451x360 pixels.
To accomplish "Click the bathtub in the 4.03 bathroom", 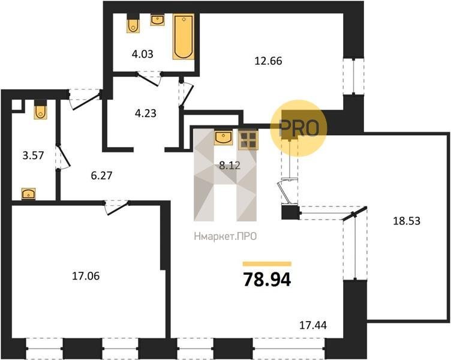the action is tap(184, 37).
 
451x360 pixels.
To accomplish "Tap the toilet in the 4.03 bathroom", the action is tap(133, 23).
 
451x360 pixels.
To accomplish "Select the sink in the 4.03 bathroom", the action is tap(157, 20).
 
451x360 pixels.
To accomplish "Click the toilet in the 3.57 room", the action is tap(40, 109).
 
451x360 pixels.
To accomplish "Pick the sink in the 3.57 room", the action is tap(28, 194).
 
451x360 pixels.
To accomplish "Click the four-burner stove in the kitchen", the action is tap(248, 140).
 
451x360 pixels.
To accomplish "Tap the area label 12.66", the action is tap(268, 61).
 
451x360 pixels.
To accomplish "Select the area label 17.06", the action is tap(86, 276).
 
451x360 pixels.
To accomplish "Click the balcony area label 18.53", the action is tap(407, 221).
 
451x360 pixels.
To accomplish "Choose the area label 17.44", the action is tap(313, 325).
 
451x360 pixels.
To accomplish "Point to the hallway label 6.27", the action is tap(101, 175).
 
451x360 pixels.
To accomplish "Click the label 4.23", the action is tap(146, 113).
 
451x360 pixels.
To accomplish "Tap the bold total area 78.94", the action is tap(267, 280).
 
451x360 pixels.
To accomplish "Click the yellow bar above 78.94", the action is tap(267, 264).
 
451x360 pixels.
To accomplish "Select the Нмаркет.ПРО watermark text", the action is tap(225, 236).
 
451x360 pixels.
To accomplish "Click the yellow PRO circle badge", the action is tap(299, 128).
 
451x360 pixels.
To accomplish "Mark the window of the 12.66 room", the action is tap(353, 76).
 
